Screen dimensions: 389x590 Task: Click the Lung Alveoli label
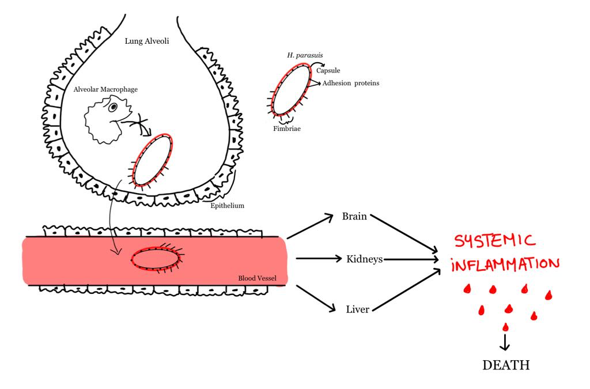point(147,41)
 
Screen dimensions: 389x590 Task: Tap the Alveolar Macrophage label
point(105,90)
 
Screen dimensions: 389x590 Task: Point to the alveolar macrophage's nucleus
point(114,107)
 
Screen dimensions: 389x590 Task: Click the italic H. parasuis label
point(305,55)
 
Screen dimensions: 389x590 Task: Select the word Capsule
point(328,71)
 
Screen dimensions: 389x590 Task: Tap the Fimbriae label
point(286,129)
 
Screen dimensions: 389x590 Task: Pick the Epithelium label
point(228,205)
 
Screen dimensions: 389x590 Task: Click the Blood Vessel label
point(257,278)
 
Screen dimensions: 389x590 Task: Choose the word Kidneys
point(364,259)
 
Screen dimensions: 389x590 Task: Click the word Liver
point(357,309)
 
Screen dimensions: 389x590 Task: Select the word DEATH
point(505,365)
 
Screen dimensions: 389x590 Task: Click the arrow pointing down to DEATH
point(505,342)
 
